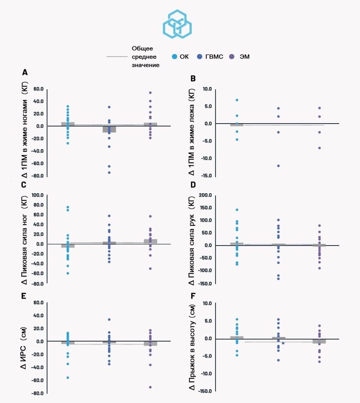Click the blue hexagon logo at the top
pyautogui.click(x=177, y=24)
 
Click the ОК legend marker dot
pyautogui.click(x=174, y=57)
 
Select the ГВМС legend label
pyautogui.click(x=213, y=57)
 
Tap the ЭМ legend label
pyautogui.click(x=245, y=57)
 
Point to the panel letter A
pyautogui.click(x=25, y=72)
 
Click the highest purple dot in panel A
pyautogui.click(x=150, y=93)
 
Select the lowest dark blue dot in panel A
pyautogui.click(x=109, y=172)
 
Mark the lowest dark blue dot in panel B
pyautogui.click(x=278, y=166)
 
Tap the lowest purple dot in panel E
pyautogui.click(x=150, y=387)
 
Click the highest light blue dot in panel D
pyautogui.click(x=237, y=210)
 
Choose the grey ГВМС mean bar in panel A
pyautogui.click(x=109, y=129)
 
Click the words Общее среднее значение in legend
pyautogui.click(x=145, y=57)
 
